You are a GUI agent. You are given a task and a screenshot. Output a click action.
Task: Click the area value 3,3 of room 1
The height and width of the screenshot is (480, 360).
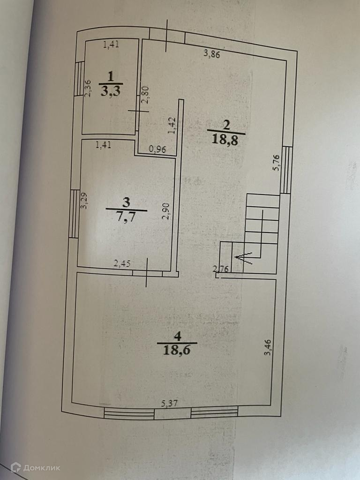coord(110,91)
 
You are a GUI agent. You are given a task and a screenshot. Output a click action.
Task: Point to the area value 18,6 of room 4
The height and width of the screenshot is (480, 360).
coord(177,350)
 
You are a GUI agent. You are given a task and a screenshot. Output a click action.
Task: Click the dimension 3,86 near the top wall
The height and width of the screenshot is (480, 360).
coord(212,53)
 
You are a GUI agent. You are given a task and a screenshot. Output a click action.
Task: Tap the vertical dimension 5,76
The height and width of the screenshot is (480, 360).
coord(277,163)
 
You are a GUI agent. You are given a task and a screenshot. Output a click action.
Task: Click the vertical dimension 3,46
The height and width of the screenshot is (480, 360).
coord(268,346)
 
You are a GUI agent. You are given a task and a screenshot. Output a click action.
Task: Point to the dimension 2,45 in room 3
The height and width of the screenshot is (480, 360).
coord(122,264)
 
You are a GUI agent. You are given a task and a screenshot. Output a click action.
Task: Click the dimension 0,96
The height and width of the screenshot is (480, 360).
coord(157,150)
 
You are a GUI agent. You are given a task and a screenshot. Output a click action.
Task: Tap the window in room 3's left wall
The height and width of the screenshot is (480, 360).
coord(74,213)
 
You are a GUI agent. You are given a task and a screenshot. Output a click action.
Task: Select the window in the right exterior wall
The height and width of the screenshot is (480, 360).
coord(286,170)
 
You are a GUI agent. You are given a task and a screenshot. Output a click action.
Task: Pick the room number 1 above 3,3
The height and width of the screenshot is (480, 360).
coord(111,76)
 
